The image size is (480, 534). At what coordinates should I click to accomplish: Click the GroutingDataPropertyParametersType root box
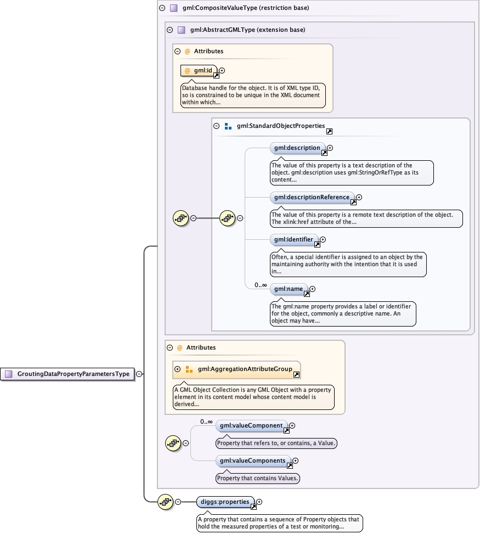(x=69, y=374)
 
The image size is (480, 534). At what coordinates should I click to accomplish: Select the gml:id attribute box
(x=199, y=71)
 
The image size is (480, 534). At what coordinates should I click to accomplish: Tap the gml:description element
(x=297, y=148)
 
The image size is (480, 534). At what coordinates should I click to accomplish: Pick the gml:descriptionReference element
(x=312, y=198)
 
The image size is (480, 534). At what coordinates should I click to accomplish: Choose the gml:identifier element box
(x=293, y=240)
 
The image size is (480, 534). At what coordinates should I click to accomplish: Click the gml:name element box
(x=289, y=289)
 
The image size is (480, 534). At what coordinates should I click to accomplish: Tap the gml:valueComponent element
(x=251, y=425)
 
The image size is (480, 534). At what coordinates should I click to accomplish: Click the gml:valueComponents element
(x=253, y=461)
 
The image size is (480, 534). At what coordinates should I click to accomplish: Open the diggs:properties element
(x=225, y=502)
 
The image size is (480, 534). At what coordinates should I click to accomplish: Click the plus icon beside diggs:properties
(x=259, y=502)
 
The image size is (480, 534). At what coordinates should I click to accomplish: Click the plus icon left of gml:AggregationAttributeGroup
(x=177, y=369)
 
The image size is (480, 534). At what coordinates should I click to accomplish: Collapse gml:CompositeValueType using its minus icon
(x=162, y=8)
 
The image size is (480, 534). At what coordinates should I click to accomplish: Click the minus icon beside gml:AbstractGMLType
(x=170, y=30)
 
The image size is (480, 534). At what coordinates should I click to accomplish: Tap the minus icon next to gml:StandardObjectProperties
(x=217, y=126)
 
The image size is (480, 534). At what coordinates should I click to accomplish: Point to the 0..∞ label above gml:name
(x=260, y=285)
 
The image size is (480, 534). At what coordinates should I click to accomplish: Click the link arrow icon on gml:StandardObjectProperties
(x=329, y=132)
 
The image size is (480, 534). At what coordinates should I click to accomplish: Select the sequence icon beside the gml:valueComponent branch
(x=173, y=443)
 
